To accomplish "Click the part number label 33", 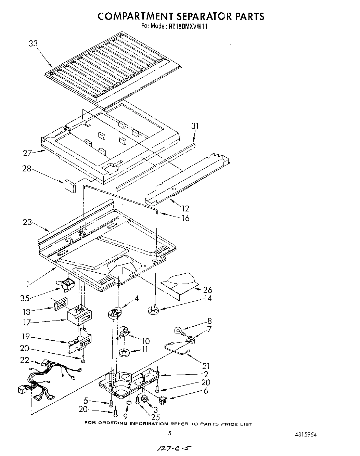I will pos(33,43).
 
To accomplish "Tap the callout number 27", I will pos(28,153).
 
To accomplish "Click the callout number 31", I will pos(195,126).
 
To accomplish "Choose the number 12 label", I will pos(185,208).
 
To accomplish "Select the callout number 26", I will pos(207,290).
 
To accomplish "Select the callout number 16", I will pos(185,218).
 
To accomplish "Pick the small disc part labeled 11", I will pos(124,352).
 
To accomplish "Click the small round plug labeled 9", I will pos(129,404).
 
